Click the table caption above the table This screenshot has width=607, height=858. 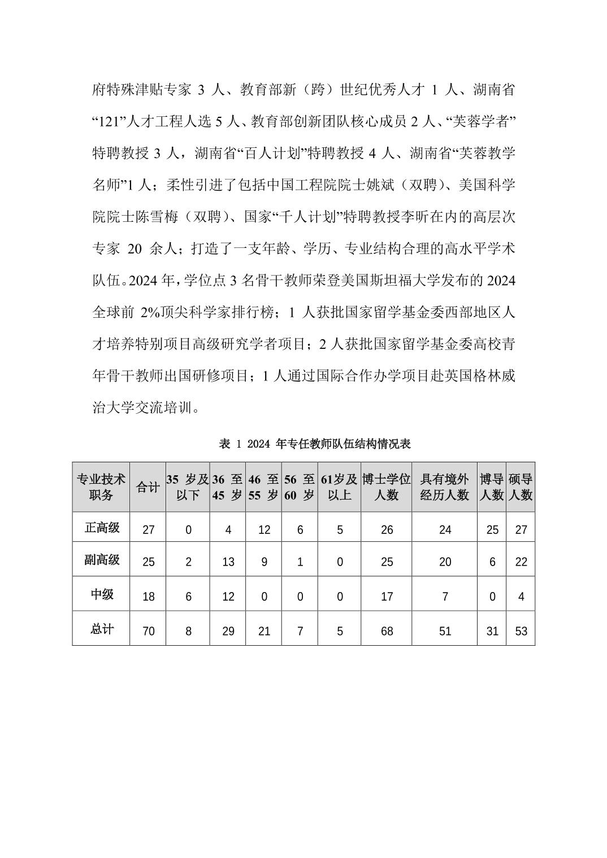[x=314, y=444]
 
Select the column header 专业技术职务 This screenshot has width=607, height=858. [x=101, y=487]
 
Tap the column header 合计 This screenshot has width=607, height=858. [x=148, y=487]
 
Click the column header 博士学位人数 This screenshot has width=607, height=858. [x=387, y=487]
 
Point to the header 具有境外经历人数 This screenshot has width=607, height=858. [x=445, y=487]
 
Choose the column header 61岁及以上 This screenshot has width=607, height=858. [x=339, y=487]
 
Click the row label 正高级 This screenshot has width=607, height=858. [x=102, y=528]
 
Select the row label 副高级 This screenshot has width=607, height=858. [x=102, y=560]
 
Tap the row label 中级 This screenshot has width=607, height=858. [x=102, y=594]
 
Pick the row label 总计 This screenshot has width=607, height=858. [x=102, y=629]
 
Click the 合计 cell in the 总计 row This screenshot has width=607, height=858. [x=148, y=631]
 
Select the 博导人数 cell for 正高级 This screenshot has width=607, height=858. [x=492, y=529]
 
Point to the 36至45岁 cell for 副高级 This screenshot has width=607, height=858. [x=228, y=562]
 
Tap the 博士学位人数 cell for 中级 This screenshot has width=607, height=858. [x=387, y=597]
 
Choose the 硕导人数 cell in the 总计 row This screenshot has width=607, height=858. [x=521, y=631]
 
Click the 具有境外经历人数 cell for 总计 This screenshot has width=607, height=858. [x=445, y=631]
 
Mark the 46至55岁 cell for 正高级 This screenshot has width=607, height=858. [x=264, y=529]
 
